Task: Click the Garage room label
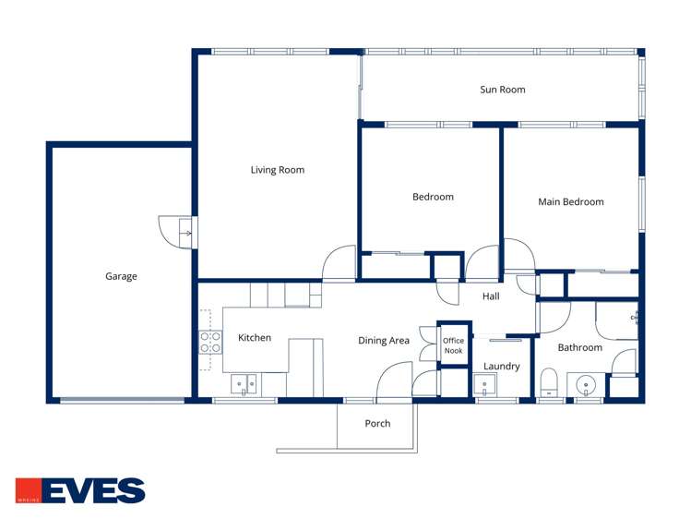pyautogui.click(x=121, y=276)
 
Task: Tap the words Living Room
pyautogui.click(x=277, y=170)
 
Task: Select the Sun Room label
pyautogui.click(x=502, y=90)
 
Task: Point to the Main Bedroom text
pyautogui.click(x=570, y=202)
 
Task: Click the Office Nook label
pyautogui.click(x=453, y=345)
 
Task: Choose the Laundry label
pyautogui.click(x=501, y=367)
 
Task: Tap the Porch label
pyautogui.click(x=377, y=424)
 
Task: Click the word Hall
pyautogui.click(x=491, y=296)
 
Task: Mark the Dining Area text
pyautogui.click(x=383, y=341)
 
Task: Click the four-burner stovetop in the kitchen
pyautogui.click(x=210, y=343)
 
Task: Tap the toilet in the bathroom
pyautogui.click(x=550, y=381)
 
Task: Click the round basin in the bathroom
pyautogui.click(x=584, y=383)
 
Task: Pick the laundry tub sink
pyautogui.click(x=487, y=386)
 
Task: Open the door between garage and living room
pyautogui.click(x=178, y=232)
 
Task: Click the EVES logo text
pyautogui.click(x=93, y=490)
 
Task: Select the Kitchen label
pyautogui.click(x=255, y=338)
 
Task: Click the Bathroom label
pyautogui.click(x=579, y=348)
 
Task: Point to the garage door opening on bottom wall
pyautogui.click(x=122, y=400)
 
